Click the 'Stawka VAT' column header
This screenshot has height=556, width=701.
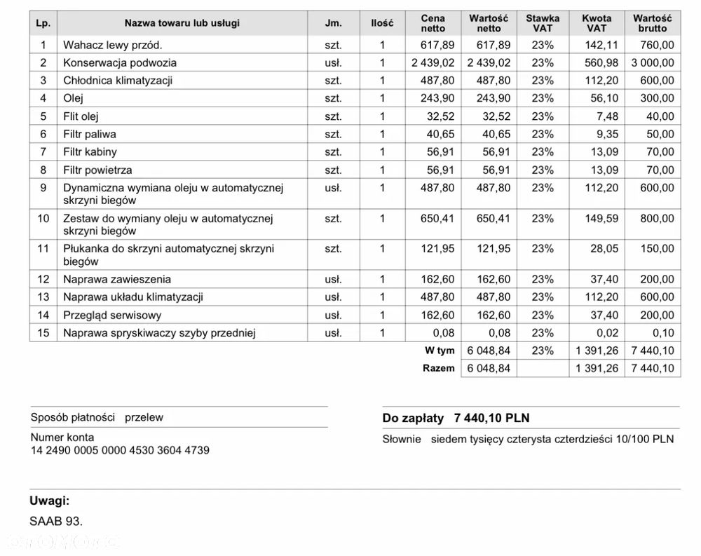[x=543, y=23]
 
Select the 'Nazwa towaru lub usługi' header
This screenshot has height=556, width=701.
[x=182, y=23]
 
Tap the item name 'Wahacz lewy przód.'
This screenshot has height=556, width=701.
[x=113, y=45]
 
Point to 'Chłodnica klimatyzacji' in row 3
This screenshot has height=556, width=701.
[x=118, y=81]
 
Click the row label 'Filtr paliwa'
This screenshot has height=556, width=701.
[x=90, y=134]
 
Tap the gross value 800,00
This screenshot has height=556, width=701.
[x=657, y=218]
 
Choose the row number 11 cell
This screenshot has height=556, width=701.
[x=43, y=248]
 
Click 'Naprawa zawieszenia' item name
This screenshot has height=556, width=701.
[x=117, y=279]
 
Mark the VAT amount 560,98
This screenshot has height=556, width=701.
[x=602, y=62]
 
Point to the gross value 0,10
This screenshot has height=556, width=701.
[x=662, y=332]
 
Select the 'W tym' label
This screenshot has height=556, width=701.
[x=440, y=351]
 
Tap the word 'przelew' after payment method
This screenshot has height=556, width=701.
[x=144, y=417]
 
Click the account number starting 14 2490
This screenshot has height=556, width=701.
[x=119, y=450]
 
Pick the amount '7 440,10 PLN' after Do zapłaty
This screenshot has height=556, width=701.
[x=491, y=419]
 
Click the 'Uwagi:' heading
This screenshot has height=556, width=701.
[x=49, y=501]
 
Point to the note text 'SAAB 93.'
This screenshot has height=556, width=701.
[x=56, y=522]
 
